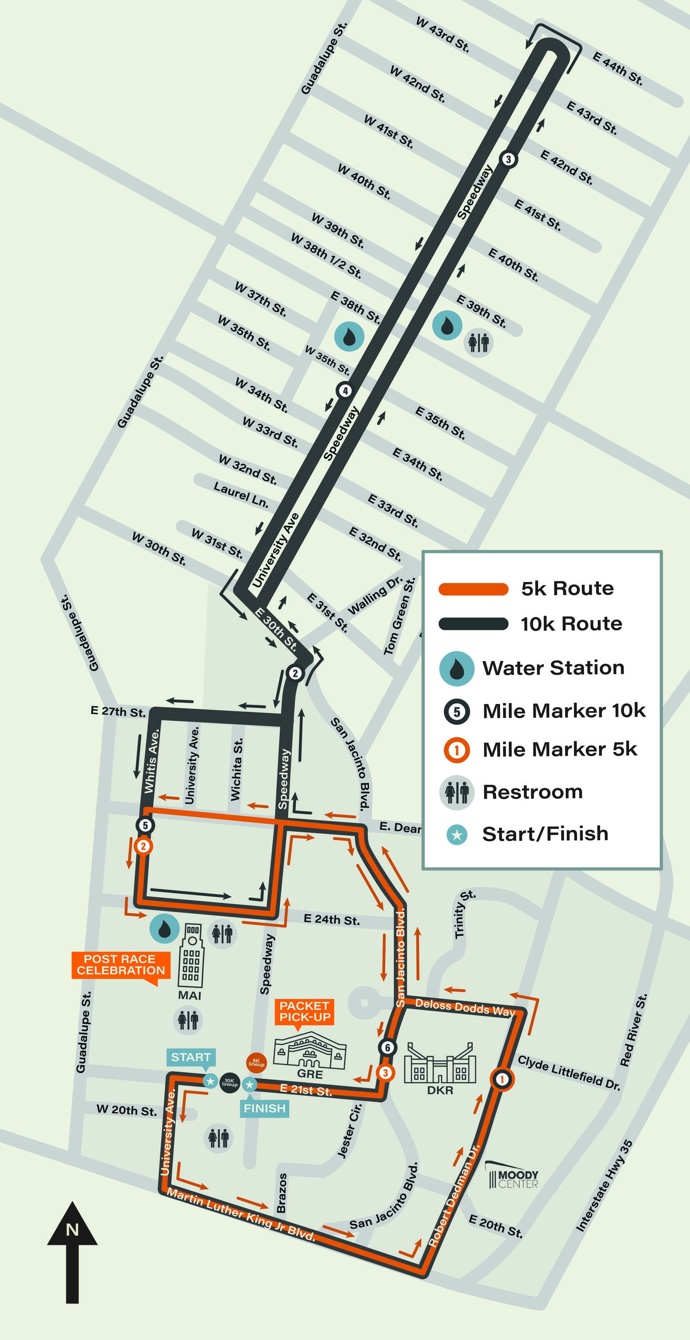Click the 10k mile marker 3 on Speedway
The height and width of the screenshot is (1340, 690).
coord(508,159)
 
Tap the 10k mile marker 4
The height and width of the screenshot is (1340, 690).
coord(345,390)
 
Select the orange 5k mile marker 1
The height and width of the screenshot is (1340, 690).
coord(501,1080)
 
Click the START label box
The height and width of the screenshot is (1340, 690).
coord(190,1057)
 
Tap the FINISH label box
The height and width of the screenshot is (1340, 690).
coord(265,1108)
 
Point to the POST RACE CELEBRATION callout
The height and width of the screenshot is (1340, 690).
coord(121,965)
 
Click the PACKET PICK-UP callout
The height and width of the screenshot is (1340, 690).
coord(304,1011)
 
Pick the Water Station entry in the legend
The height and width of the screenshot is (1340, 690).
coord(553,668)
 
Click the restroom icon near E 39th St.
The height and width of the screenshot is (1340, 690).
coord(478,343)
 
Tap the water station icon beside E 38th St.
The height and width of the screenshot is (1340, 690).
coord(349,336)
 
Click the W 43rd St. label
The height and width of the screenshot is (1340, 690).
coord(443,34)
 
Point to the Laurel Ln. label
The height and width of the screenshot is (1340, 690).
coord(241,495)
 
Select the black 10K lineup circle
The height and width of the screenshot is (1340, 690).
coord(230,1083)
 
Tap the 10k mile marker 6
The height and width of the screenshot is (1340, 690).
coord(387,1047)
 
